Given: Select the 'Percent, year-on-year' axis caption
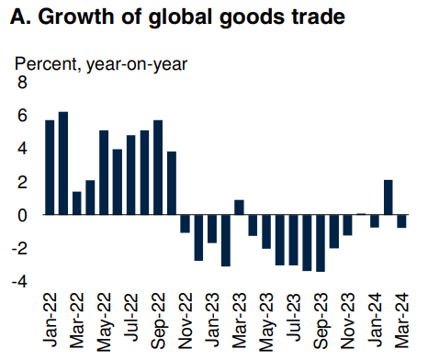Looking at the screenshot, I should pyautogui.click(x=99, y=63).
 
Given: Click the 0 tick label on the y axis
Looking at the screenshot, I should pyautogui.click(x=23, y=215).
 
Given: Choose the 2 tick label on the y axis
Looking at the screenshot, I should pyautogui.click(x=23, y=182).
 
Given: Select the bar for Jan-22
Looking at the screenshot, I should pyautogui.click(x=50, y=167).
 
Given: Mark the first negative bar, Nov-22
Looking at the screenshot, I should pyautogui.click(x=185, y=224).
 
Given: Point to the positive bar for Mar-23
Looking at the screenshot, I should pyautogui.click(x=239, y=207).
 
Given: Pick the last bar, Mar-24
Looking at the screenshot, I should pyautogui.click(x=401, y=221).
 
